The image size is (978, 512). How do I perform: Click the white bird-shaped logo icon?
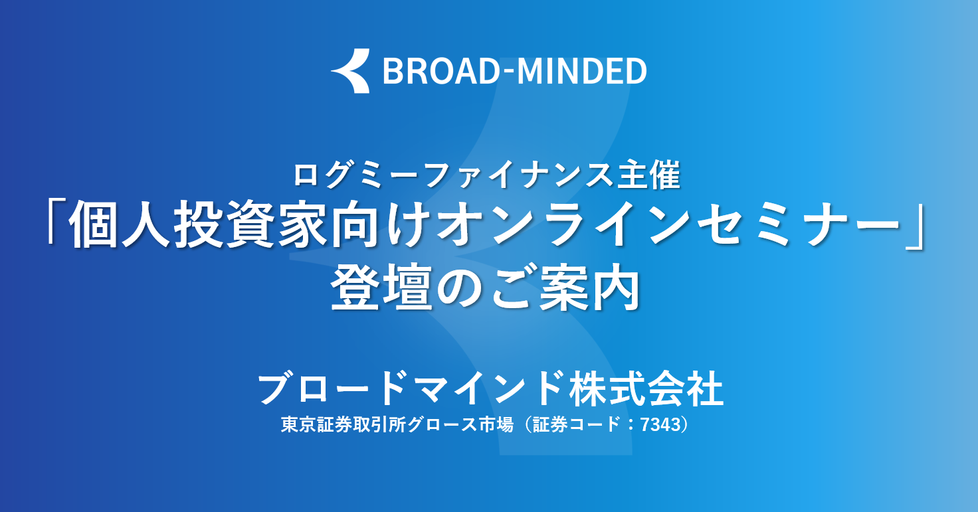(x=351, y=70)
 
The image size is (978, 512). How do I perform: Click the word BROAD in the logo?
(x=441, y=71)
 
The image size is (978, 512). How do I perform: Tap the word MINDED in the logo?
(x=581, y=71)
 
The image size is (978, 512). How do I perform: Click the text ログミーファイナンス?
(x=451, y=176)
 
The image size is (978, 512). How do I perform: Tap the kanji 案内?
(x=589, y=288)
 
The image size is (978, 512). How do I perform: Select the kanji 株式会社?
(x=646, y=388)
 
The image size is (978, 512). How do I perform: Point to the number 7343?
(x=661, y=424)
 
